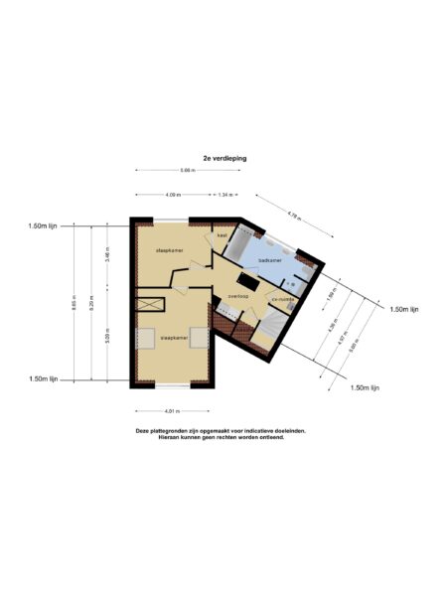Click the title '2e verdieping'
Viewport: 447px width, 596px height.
[x=223, y=157]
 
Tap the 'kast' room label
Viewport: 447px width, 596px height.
[x=223, y=235]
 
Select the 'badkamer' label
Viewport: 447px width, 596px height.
[x=269, y=259]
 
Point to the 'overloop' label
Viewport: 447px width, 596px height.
[x=236, y=295]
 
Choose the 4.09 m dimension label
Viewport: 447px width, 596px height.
[x=172, y=195]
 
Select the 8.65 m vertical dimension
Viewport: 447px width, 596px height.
[x=73, y=304]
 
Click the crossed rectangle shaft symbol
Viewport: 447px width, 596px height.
[x=152, y=304]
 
